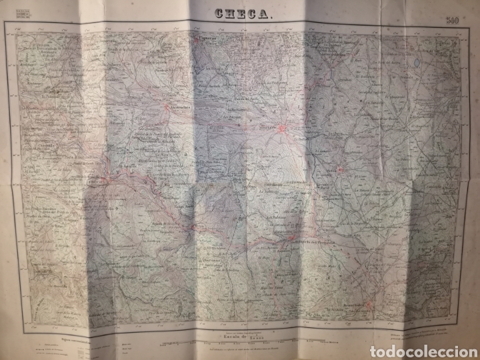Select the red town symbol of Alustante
coord(283,128)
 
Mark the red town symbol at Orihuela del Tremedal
coord(289,235)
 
